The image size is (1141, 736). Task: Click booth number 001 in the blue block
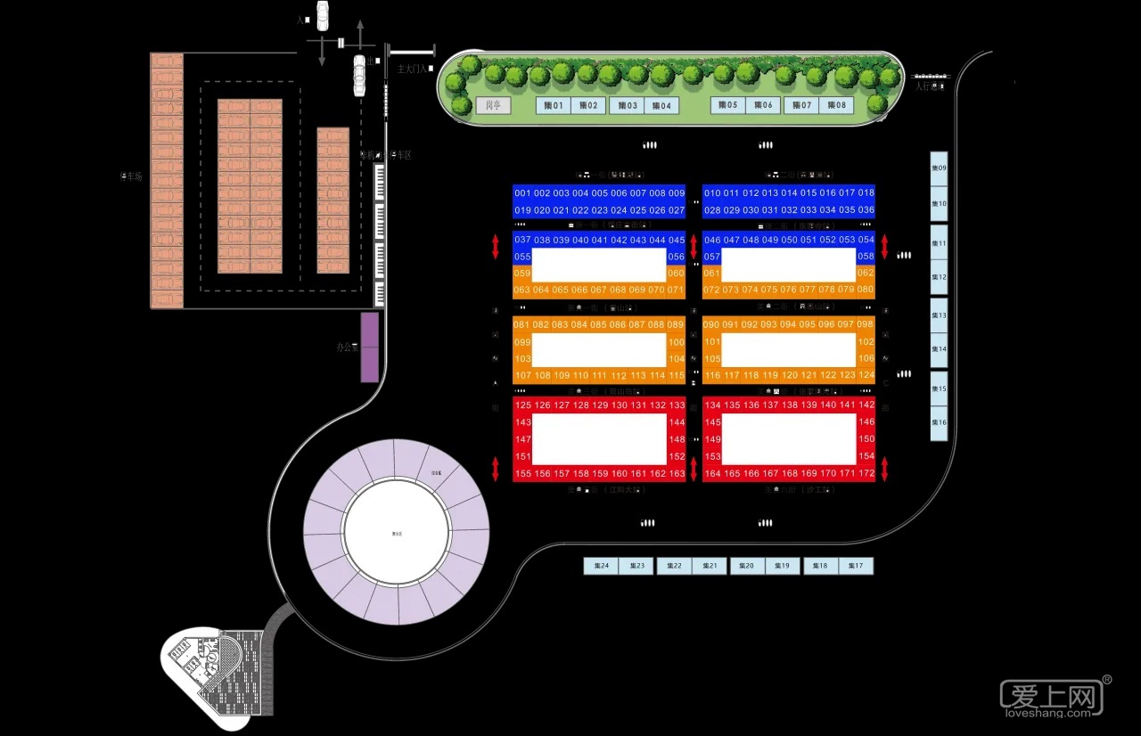click(522, 193)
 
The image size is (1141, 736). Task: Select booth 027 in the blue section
click(676, 210)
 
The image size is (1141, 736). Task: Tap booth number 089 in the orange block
click(676, 325)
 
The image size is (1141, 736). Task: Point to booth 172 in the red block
click(866, 473)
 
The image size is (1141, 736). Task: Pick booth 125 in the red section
click(523, 405)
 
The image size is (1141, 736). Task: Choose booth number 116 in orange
click(712, 375)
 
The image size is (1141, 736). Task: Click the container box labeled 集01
click(553, 106)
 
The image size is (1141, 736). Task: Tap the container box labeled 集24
click(602, 566)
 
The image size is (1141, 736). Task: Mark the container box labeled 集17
click(857, 566)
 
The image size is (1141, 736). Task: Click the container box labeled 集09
click(939, 168)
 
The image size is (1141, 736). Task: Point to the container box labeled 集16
click(939, 422)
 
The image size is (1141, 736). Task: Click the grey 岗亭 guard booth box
click(493, 106)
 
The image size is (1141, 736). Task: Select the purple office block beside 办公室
click(369, 347)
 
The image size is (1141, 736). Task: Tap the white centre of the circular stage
click(397, 534)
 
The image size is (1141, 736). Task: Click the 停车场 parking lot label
click(131, 176)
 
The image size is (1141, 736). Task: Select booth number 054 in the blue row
click(866, 240)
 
